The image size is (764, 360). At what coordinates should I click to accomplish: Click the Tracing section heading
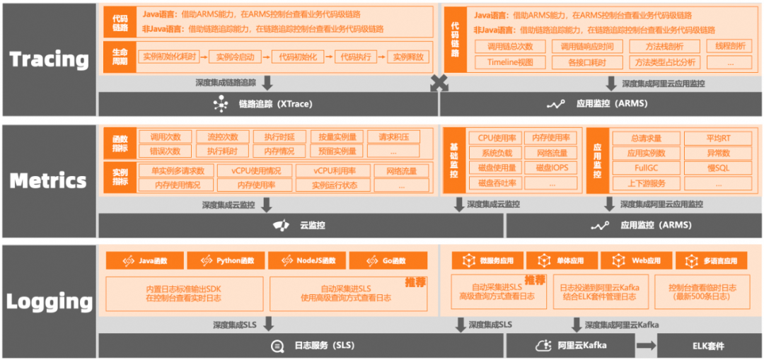tap(49, 59)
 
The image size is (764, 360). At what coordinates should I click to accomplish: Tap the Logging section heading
tap(49, 302)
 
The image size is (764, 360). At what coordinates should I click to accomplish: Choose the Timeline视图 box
tap(510, 62)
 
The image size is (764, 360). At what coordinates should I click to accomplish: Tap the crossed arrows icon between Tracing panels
tap(439, 83)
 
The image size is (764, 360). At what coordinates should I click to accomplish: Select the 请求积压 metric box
tap(399, 137)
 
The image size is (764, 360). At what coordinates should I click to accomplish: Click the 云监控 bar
tap(301, 226)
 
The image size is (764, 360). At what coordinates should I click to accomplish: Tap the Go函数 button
tap(388, 261)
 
